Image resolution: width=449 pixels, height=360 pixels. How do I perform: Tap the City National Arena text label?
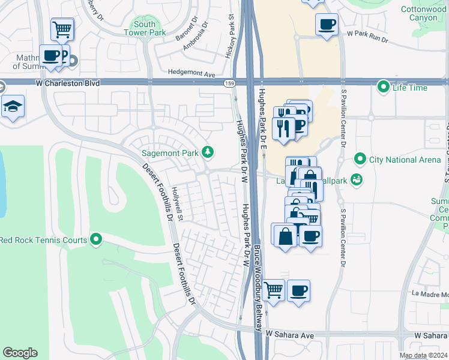(x=400, y=160)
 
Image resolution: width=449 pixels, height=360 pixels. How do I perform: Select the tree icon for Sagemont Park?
(x=208, y=152)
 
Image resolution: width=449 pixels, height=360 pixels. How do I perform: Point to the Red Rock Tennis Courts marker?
(x=96, y=240)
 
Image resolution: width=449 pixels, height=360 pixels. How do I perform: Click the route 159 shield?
(x=229, y=83)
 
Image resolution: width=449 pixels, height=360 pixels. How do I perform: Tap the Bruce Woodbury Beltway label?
(x=258, y=288)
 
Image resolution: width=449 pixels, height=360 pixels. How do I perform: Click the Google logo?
(x=20, y=353)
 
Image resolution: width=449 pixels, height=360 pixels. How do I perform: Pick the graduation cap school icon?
(x=13, y=107)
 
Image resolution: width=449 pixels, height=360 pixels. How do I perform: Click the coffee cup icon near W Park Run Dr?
(x=327, y=24)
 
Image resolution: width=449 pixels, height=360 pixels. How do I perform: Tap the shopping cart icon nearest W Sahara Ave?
(x=274, y=290)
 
